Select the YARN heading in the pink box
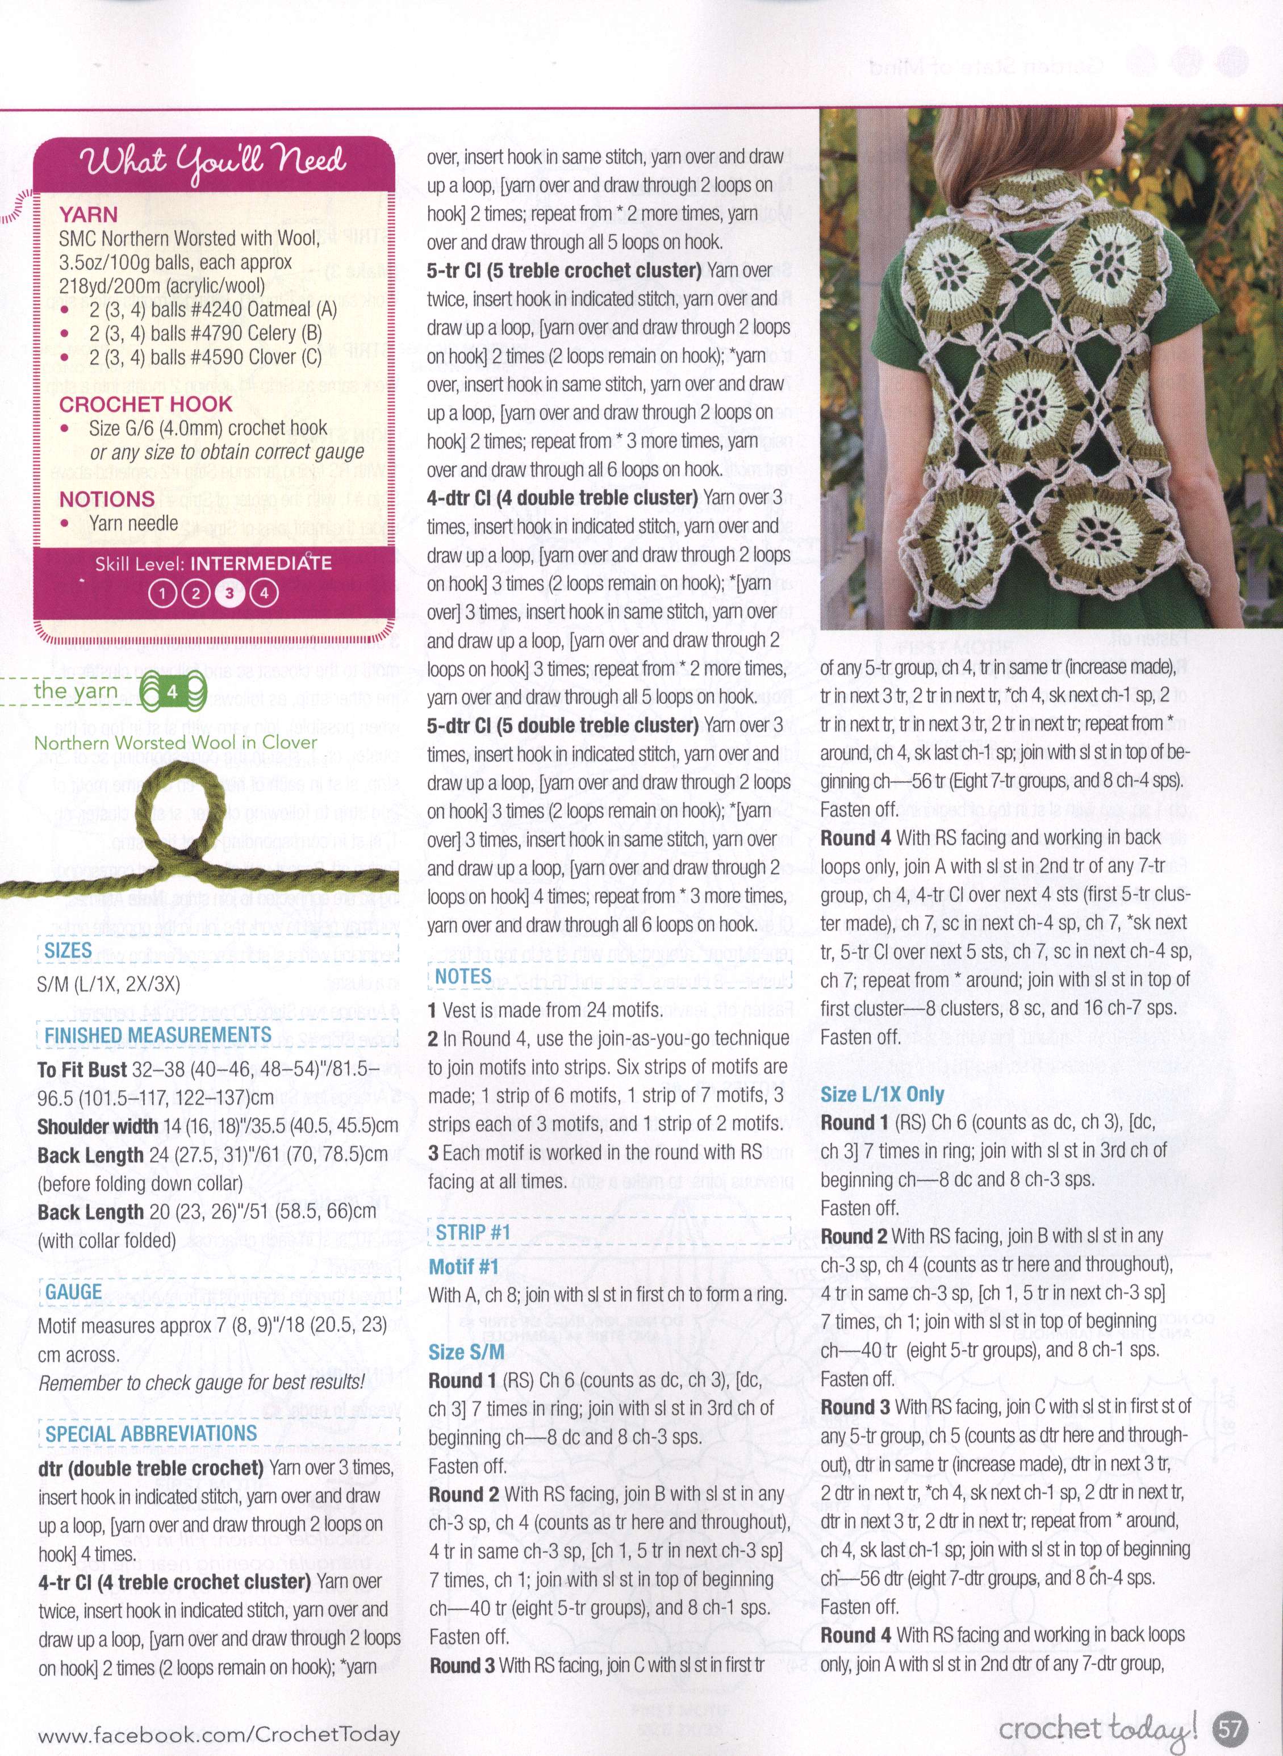(89, 215)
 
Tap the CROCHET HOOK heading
(145, 404)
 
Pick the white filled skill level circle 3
(230, 593)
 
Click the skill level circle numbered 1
(162, 593)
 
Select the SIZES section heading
(68, 950)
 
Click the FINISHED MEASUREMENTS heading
(158, 1035)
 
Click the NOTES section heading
(463, 976)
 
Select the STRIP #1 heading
(473, 1233)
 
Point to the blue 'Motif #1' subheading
(463, 1267)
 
